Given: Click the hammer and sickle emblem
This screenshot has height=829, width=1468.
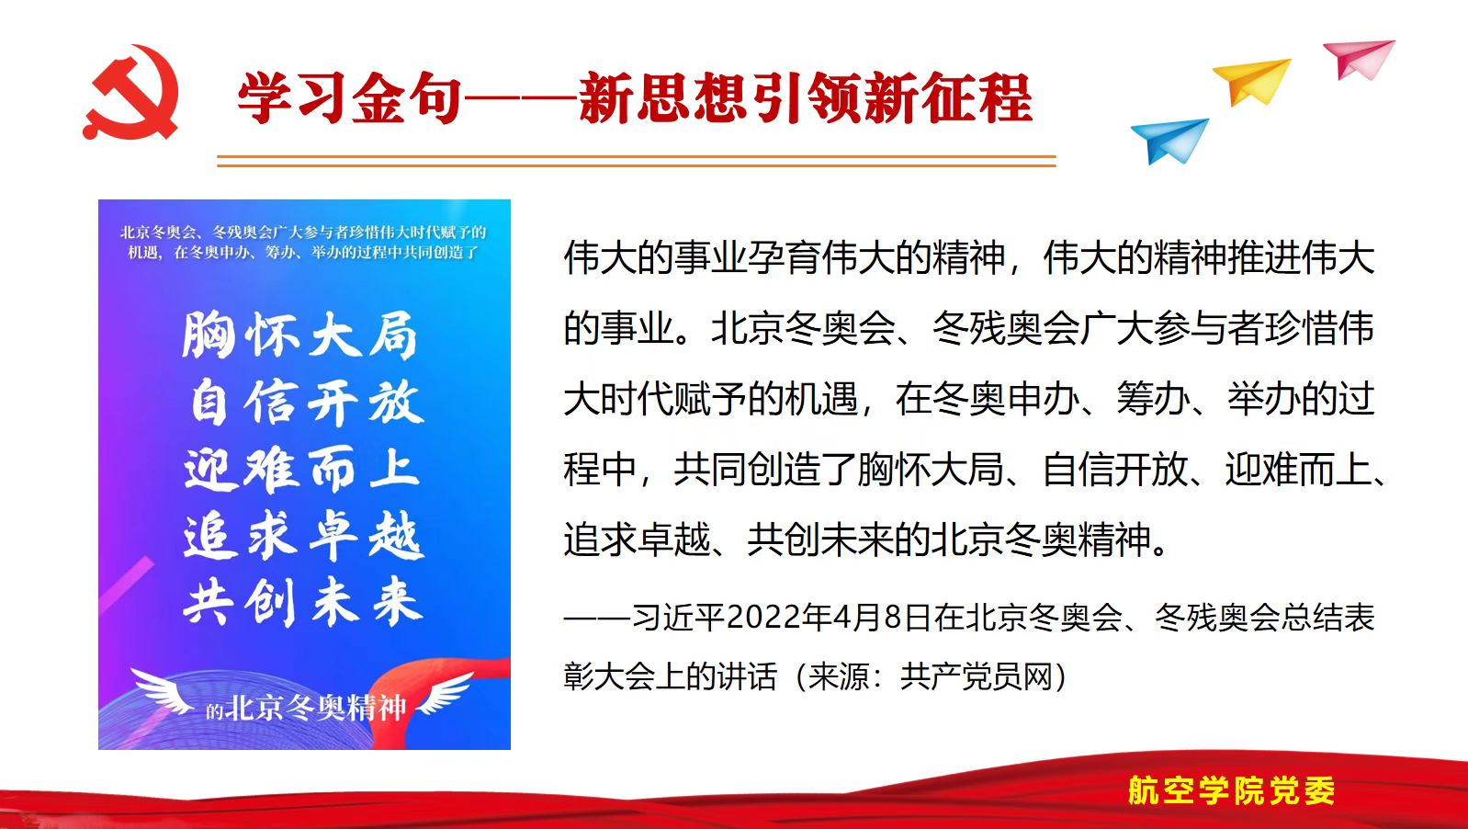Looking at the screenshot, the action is click(131, 92).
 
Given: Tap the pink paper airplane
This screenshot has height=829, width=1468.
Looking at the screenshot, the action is click(1359, 59).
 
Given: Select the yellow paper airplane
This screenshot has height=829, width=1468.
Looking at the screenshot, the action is click(1252, 81).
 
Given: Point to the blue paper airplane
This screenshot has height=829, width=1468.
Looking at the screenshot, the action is click(1170, 140).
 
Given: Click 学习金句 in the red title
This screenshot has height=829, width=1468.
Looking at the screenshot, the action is click(349, 99).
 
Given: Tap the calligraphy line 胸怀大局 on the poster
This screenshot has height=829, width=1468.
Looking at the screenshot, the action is click(299, 335).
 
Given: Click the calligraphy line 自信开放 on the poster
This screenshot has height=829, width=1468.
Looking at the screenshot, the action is click(306, 402).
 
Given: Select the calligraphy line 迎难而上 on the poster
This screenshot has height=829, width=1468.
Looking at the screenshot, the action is click(301, 469).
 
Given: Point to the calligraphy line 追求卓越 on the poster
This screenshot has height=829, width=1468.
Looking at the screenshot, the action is click(304, 537).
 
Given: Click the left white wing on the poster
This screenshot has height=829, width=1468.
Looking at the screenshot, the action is click(162, 690).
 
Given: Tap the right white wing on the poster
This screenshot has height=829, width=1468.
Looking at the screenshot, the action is click(446, 693).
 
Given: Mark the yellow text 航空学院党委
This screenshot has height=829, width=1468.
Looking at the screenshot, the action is click(1231, 790).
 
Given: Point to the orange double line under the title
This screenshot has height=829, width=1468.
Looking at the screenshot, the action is click(637, 162).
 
